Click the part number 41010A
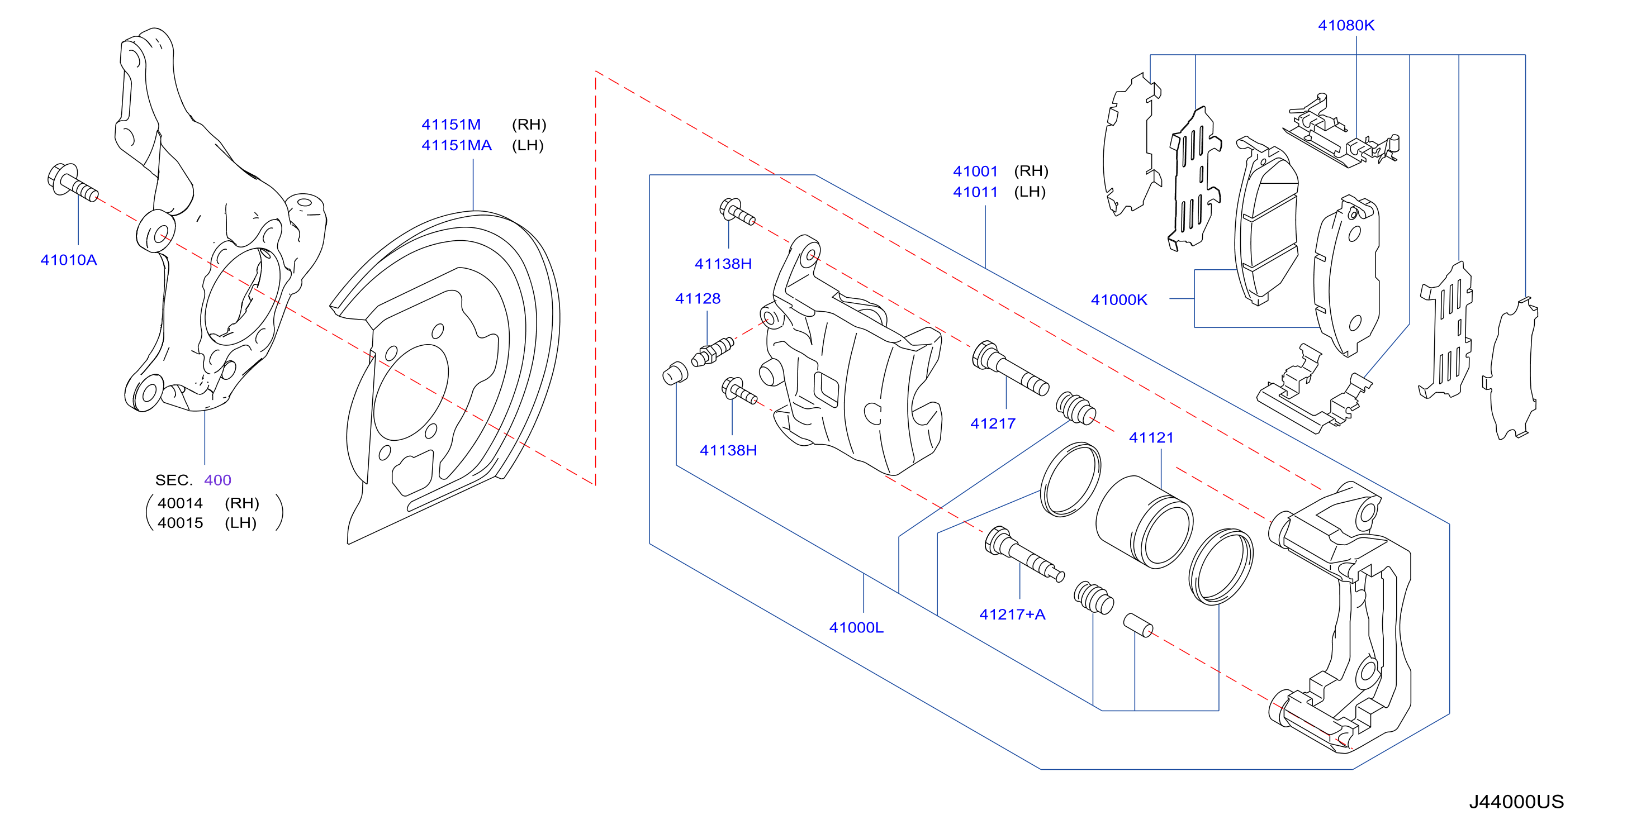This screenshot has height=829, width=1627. click(69, 260)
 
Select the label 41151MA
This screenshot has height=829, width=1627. click(457, 145)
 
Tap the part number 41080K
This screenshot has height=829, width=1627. click(1346, 25)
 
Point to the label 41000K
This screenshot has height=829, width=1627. click(1119, 300)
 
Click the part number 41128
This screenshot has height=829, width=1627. click(698, 299)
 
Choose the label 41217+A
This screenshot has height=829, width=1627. click(1012, 614)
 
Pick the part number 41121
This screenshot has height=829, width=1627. click(1151, 437)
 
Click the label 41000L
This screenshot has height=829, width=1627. click(856, 627)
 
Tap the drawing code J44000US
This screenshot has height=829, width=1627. click(1516, 802)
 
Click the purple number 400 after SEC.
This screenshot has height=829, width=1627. click(218, 480)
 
